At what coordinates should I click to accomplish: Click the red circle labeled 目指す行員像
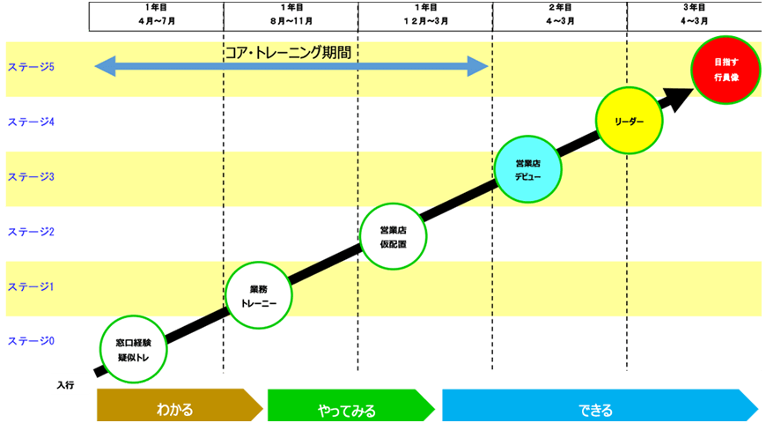pyautogui.click(x=725, y=70)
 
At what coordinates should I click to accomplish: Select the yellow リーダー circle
pyautogui.click(x=629, y=121)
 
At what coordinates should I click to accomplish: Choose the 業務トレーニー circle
pyautogui.click(x=258, y=295)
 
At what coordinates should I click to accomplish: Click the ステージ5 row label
pyautogui.click(x=31, y=67)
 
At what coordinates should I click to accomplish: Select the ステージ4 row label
pyautogui.click(x=31, y=122)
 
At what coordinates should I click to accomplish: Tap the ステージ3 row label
pyautogui.click(x=31, y=177)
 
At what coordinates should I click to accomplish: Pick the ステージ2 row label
pyautogui.click(x=31, y=232)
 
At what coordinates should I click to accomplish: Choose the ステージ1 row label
pyautogui.click(x=31, y=286)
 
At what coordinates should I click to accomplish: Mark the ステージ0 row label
pyautogui.click(x=31, y=341)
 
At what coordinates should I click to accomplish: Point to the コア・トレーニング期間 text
pyautogui.click(x=288, y=53)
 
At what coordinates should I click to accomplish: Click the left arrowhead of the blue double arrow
pyautogui.click(x=104, y=66)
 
